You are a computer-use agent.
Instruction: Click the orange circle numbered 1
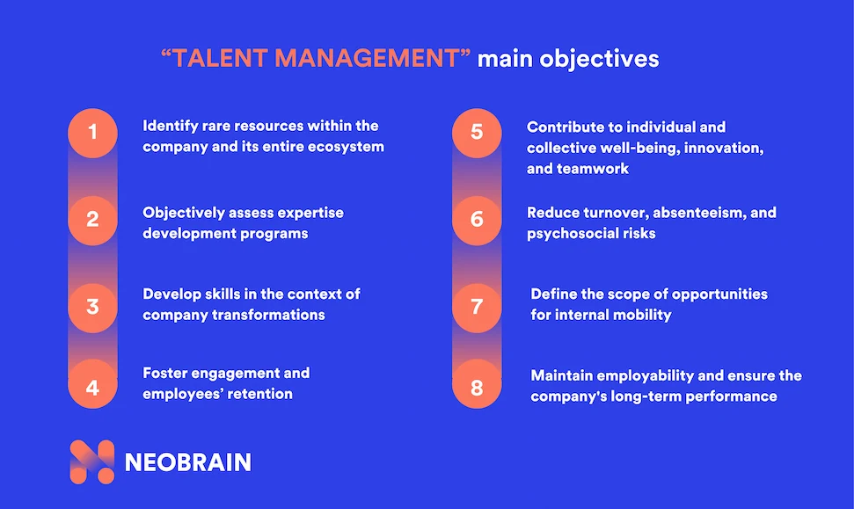click(92, 133)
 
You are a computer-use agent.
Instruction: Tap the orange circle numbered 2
click(92, 220)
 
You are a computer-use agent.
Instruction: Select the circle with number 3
click(92, 308)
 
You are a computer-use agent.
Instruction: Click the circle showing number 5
click(477, 133)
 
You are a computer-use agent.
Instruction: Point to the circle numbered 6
click(477, 220)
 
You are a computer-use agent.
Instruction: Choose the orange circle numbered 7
click(477, 308)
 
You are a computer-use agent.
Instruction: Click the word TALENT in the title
click(220, 58)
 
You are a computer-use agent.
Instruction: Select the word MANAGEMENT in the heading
click(367, 58)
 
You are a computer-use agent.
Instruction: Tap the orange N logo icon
click(92, 462)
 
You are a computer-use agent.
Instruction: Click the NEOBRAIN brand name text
click(188, 462)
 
